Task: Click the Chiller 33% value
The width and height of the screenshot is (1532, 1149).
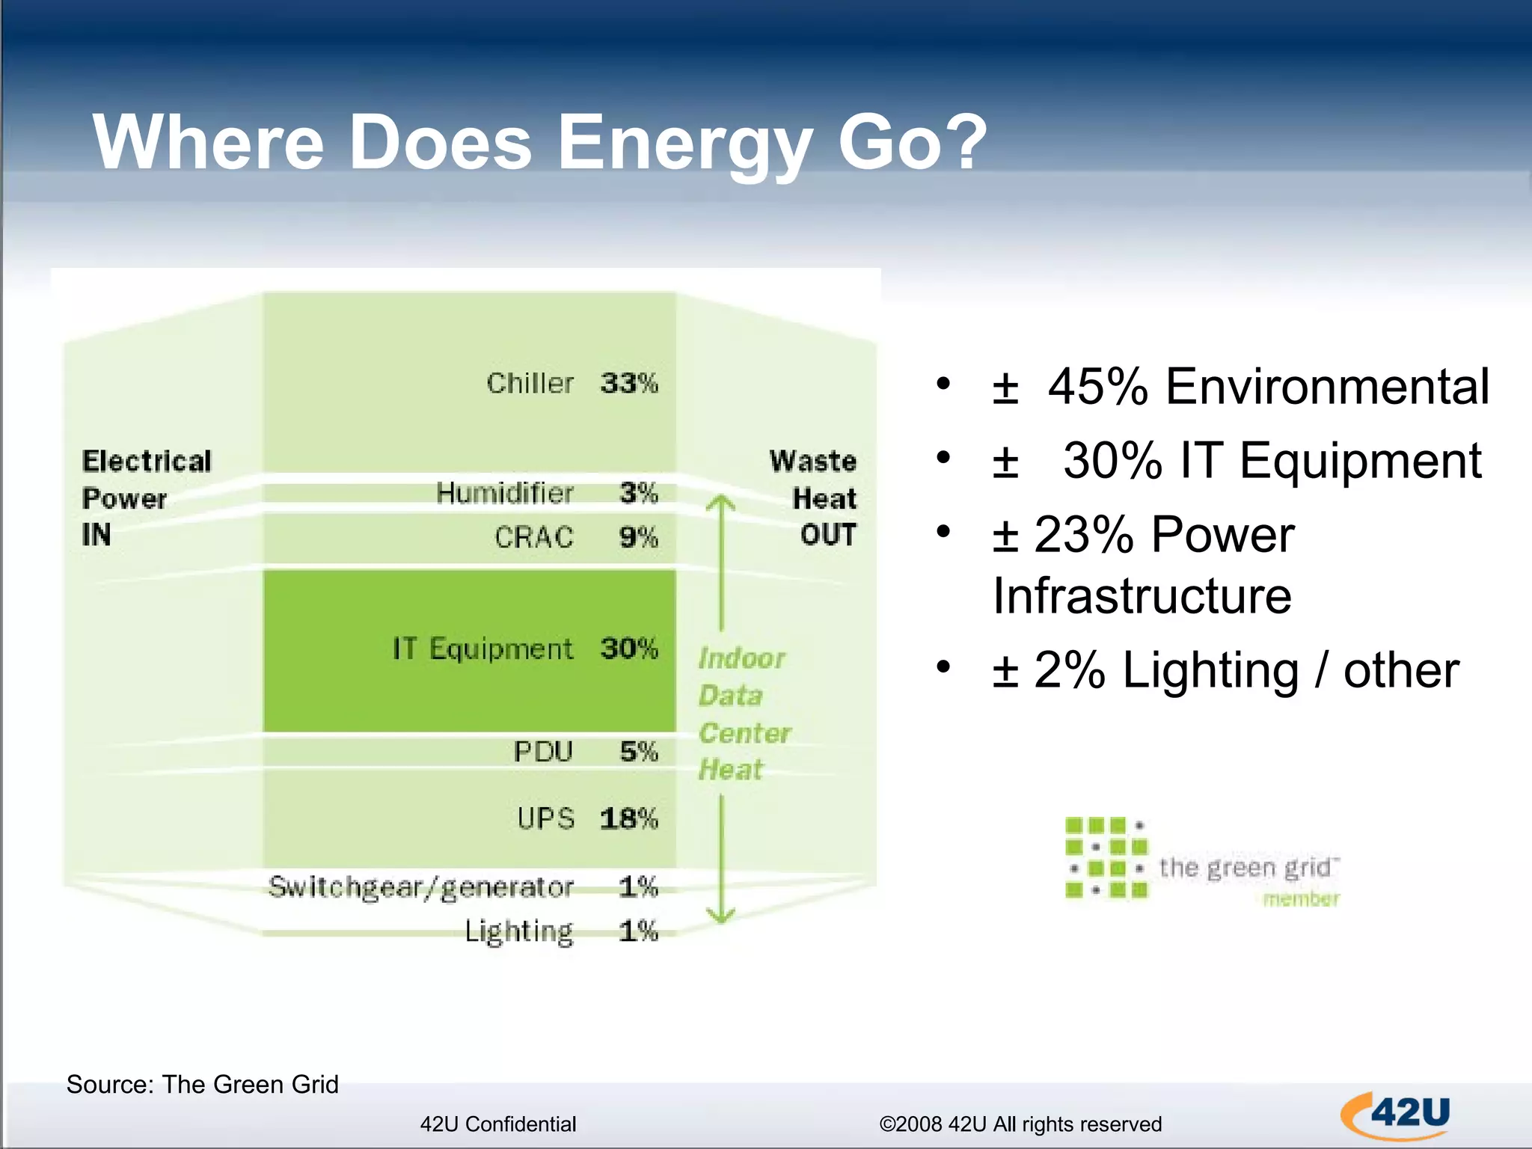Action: click(x=628, y=383)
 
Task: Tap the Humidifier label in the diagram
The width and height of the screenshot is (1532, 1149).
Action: click(x=504, y=493)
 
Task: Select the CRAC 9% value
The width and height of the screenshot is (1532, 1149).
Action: click(x=638, y=537)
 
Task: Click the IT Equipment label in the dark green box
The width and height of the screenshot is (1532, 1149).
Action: click(x=482, y=649)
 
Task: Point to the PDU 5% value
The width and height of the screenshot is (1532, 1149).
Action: click(x=638, y=751)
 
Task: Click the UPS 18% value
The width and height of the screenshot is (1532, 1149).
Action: click(x=628, y=818)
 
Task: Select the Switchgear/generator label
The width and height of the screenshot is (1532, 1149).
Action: click(x=421, y=887)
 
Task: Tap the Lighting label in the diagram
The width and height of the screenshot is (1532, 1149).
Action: click(x=518, y=931)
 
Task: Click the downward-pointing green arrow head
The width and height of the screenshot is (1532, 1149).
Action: click(x=721, y=914)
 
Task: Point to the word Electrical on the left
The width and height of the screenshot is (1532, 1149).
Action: click(x=147, y=461)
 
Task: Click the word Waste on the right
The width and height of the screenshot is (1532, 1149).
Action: click(x=812, y=461)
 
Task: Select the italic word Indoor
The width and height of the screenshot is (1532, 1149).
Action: click(x=741, y=658)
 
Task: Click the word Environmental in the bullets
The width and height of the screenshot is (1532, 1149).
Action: click(x=1327, y=387)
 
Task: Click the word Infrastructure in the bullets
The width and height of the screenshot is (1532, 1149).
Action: click(x=1142, y=595)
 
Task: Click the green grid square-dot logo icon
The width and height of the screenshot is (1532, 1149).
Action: click(x=1106, y=857)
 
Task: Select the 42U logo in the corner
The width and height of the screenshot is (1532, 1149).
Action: click(x=1396, y=1115)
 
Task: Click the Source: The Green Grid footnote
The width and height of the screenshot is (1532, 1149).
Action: click(x=202, y=1084)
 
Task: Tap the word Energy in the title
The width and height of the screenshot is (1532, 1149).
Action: click(x=684, y=142)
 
